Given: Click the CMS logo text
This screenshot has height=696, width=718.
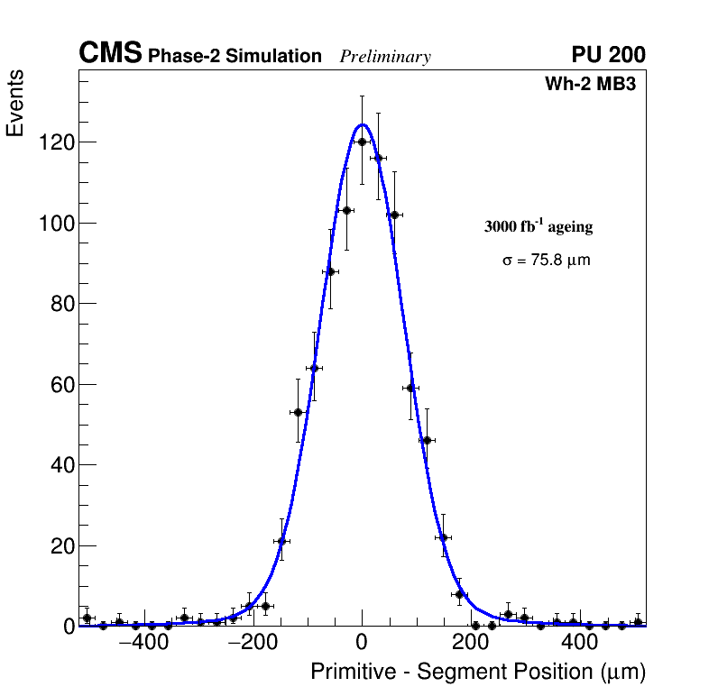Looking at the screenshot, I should pyautogui.click(x=110, y=54).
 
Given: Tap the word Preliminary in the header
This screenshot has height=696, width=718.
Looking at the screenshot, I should pyautogui.click(x=385, y=57).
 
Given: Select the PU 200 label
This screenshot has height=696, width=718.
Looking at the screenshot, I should pyautogui.click(x=608, y=55).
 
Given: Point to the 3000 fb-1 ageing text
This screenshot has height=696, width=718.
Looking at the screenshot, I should pyautogui.click(x=538, y=226).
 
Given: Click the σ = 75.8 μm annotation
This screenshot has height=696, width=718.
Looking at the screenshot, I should pyautogui.click(x=547, y=261).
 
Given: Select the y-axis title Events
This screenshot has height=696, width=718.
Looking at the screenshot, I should pyautogui.click(x=15, y=104).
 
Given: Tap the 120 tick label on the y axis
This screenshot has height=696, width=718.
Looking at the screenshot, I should pyautogui.click(x=55, y=142).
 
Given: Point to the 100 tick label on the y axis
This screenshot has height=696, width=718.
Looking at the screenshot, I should pyautogui.click(x=55, y=223).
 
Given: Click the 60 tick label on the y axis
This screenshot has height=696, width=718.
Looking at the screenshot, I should pyautogui.click(x=61, y=384).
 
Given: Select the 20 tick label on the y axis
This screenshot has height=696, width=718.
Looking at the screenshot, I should pyautogui.click(x=61, y=545).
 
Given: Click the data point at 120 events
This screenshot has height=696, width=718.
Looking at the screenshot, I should pyautogui.click(x=362, y=142).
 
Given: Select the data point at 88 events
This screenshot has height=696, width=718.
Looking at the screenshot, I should pyautogui.click(x=330, y=271).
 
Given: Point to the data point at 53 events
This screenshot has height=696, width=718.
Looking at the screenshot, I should pyautogui.click(x=298, y=412).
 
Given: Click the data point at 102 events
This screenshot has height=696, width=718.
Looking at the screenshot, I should pyautogui.click(x=394, y=215).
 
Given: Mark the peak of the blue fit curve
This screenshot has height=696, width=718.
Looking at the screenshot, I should pyautogui.click(x=362, y=124).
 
